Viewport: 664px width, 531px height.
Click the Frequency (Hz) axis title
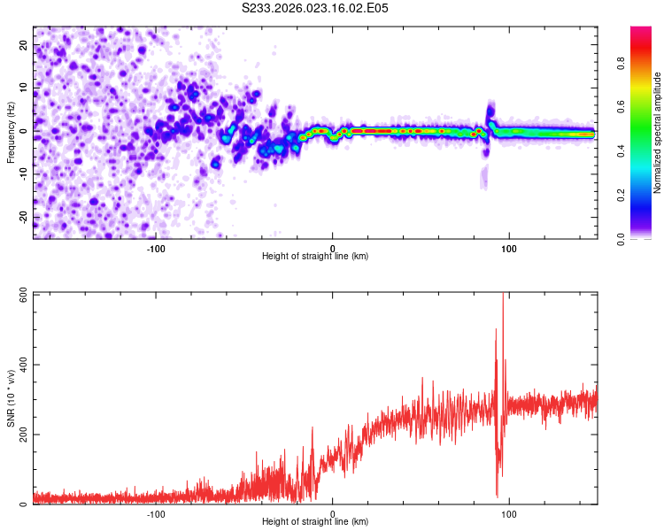11,132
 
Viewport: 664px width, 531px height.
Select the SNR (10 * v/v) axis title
11,398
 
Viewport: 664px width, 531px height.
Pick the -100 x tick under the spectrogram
157,248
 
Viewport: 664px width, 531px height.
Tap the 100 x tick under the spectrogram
509,248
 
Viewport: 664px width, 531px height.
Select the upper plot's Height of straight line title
315,257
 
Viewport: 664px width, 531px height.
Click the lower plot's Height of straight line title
315,522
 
